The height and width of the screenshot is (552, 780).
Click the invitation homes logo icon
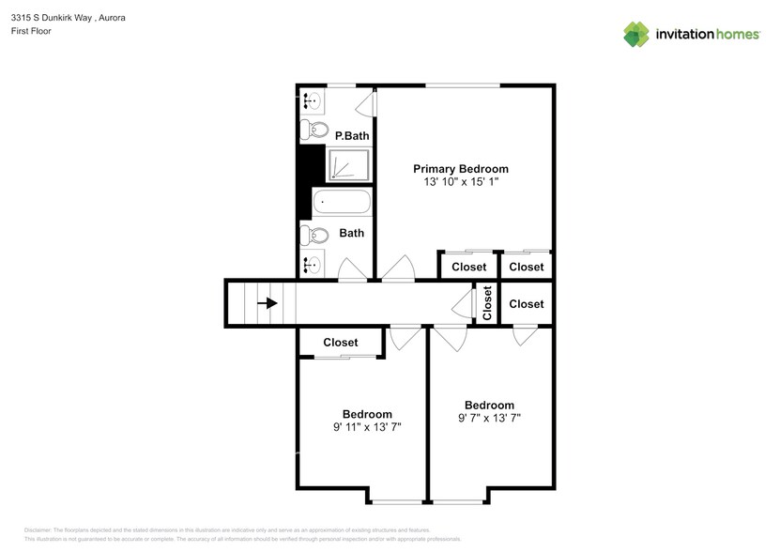[636, 34]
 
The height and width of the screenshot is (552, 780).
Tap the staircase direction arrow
[268, 303]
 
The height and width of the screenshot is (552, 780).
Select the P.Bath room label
[352, 136]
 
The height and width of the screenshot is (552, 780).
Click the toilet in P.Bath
[314, 130]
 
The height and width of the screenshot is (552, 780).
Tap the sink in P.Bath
[311, 100]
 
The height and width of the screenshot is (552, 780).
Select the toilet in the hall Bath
[314, 235]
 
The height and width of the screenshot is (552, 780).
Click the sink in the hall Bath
[311, 265]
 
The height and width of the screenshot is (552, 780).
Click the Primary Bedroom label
[461, 169]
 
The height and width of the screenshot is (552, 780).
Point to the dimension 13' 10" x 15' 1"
[461, 182]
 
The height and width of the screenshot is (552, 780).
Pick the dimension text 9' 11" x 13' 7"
[367, 427]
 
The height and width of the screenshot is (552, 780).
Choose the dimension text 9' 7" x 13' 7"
[489, 419]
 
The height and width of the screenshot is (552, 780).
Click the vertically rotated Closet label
[487, 302]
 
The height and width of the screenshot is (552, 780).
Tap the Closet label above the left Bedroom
[340, 343]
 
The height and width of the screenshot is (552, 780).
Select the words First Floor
[32, 31]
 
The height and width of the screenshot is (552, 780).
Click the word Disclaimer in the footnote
[38, 530]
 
